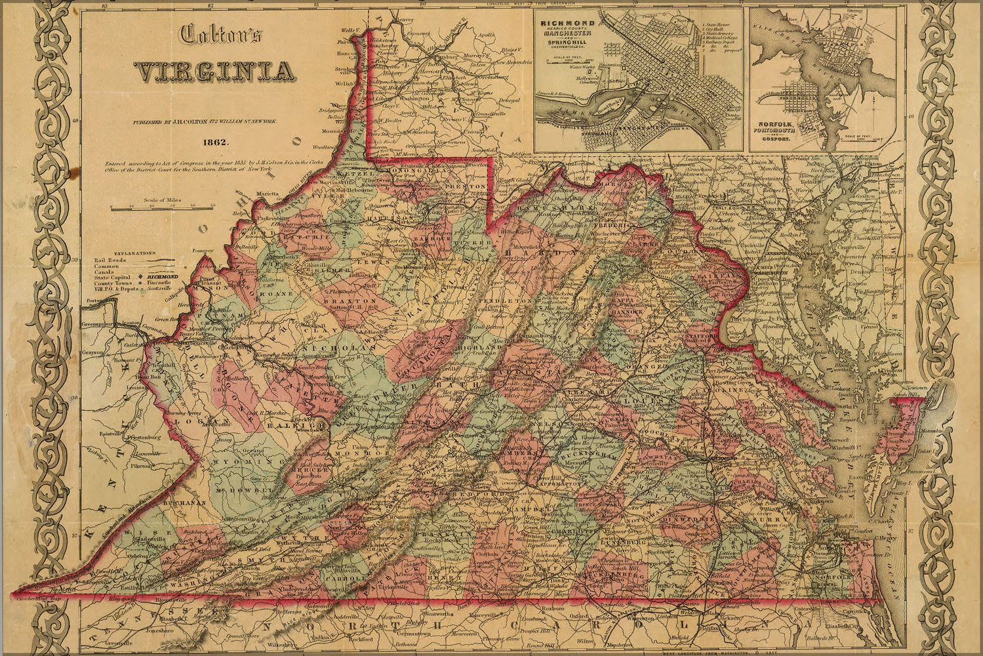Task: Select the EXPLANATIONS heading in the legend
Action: [135, 253]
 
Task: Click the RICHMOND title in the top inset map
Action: [567, 22]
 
